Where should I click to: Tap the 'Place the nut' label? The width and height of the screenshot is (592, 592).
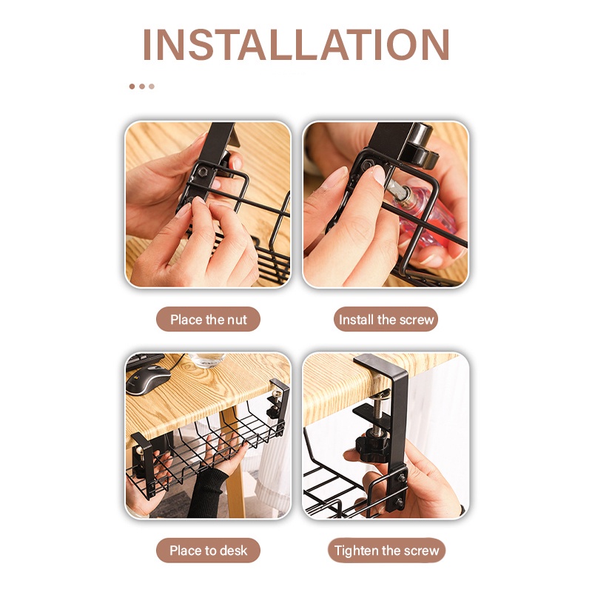(x=209, y=320)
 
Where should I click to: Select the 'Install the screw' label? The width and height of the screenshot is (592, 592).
(x=386, y=320)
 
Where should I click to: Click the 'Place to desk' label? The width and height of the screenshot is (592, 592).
(x=209, y=550)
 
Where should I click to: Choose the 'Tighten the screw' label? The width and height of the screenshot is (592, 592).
(x=386, y=550)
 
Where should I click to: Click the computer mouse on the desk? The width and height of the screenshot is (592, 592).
(x=148, y=380)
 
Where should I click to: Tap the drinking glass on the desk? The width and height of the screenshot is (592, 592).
(x=207, y=360)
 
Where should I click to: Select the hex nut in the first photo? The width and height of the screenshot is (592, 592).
(x=201, y=172)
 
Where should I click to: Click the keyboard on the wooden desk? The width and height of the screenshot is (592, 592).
(x=144, y=360)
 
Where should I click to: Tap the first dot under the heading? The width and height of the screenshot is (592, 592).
(x=132, y=87)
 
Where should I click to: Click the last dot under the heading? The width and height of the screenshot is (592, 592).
(x=152, y=87)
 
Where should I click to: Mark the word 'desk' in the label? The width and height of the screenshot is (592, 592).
(x=233, y=550)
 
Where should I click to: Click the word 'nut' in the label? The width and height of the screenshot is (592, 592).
(x=236, y=320)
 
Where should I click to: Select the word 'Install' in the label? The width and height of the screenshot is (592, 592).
(x=356, y=320)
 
